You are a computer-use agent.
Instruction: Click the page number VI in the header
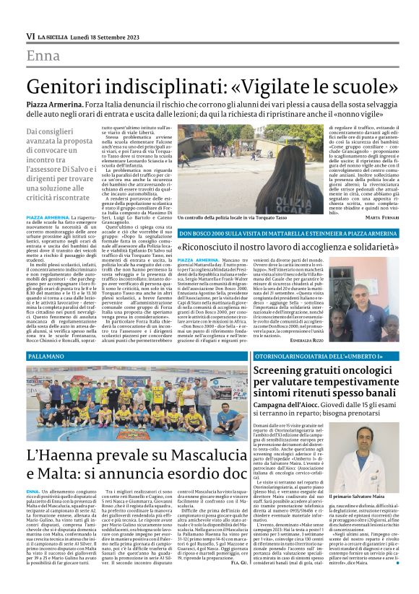coord(30,35)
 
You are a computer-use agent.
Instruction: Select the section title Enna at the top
coord(43,57)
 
